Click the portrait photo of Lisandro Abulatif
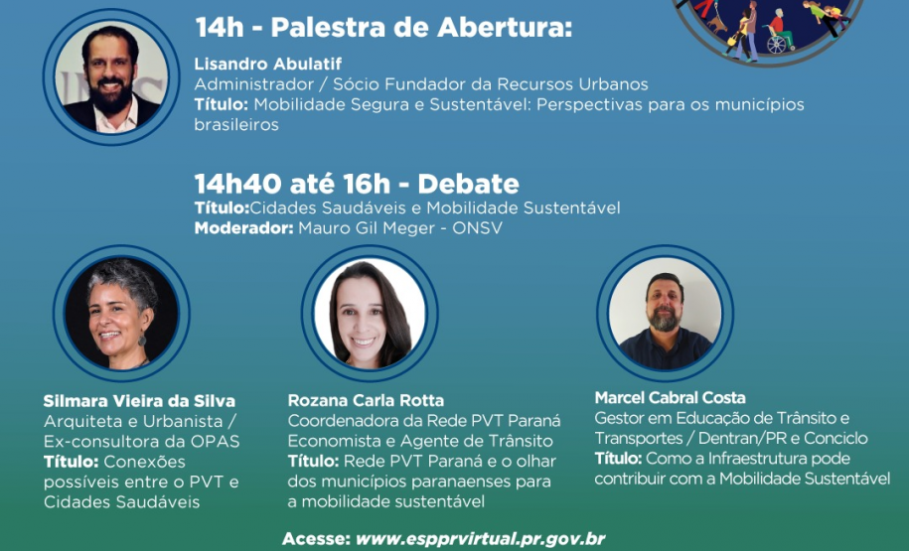110,78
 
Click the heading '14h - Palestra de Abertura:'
383,28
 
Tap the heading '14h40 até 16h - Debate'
357,184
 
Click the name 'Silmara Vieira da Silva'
139,401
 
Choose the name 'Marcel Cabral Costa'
670,397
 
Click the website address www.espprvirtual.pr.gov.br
480,539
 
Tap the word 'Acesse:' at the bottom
315,539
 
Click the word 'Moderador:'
242,227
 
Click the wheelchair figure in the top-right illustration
779,40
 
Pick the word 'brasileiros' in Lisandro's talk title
236,125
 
